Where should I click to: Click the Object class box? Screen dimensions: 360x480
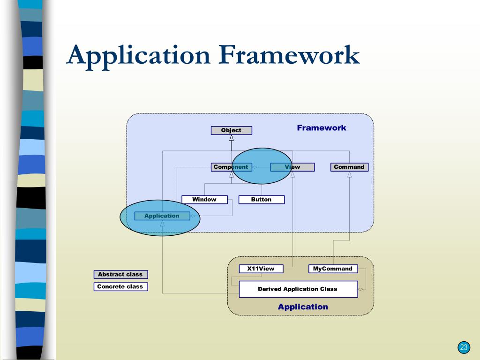(231, 130)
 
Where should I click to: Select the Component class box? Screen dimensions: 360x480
(231, 167)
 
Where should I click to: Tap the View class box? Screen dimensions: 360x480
(292, 167)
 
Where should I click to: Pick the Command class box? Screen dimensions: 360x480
(349, 167)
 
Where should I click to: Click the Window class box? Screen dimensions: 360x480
(204, 200)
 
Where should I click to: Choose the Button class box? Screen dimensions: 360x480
(261, 200)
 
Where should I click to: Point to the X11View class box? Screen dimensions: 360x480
(261, 269)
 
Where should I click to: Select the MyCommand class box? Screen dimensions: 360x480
(333, 269)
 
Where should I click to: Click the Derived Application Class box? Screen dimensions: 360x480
(298, 289)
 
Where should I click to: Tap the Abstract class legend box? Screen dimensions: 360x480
(120, 275)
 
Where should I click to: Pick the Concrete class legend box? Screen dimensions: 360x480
(120, 286)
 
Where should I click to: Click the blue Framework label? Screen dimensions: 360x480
(322, 127)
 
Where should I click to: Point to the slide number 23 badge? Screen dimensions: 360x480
(464, 347)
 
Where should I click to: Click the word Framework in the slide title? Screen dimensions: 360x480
(289, 55)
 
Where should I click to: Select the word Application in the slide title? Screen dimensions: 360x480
(138, 55)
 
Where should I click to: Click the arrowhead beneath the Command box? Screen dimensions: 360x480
(349, 175)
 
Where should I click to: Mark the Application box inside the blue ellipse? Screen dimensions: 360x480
(162, 216)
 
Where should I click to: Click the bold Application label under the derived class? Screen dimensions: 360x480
(303, 307)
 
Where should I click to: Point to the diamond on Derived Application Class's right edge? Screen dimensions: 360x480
(360, 289)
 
